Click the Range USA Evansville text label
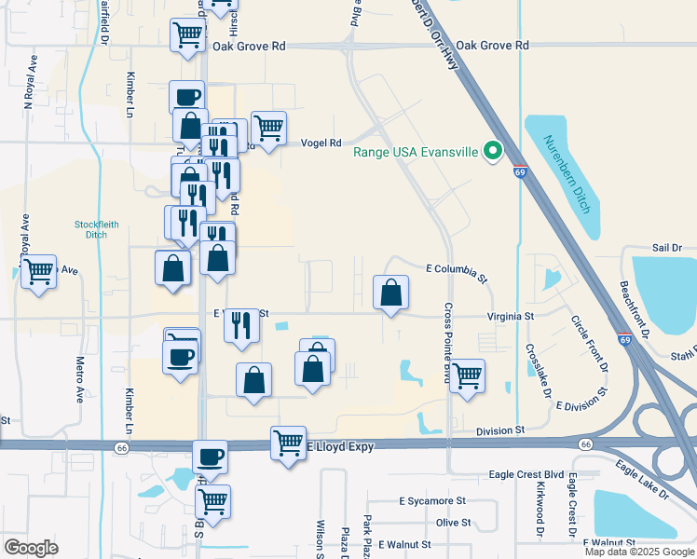(415, 151)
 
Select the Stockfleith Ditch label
(90, 229)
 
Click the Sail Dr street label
(667, 248)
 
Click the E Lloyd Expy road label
(340, 447)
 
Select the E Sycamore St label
(432, 500)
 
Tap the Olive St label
(453, 523)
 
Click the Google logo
(31, 548)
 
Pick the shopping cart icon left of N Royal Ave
(38, 272)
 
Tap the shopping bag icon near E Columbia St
(390, 292)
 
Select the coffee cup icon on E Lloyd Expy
(210, 457)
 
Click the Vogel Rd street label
(321, 143)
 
